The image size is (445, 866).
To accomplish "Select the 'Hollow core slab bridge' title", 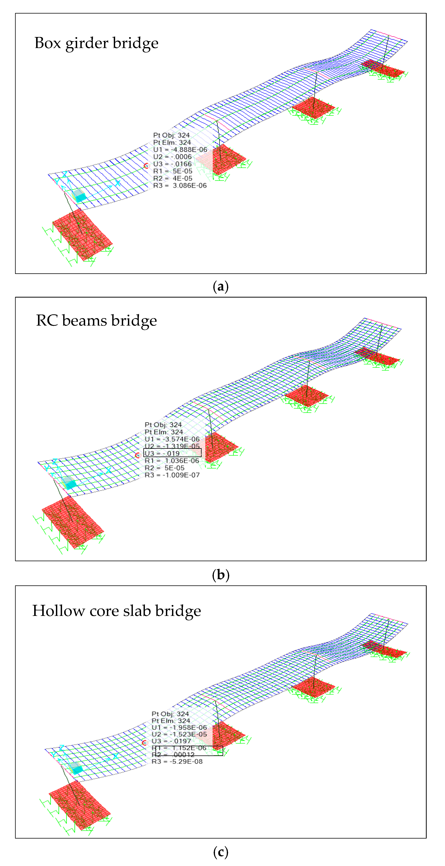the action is click(116, 611).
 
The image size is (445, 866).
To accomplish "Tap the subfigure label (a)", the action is click(221, 287).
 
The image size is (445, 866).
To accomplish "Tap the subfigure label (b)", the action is click(221, 575).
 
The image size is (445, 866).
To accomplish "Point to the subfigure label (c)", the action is click(221, 852).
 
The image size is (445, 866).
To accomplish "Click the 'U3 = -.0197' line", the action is click(171, 741).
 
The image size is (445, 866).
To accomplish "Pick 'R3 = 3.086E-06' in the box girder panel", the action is click(180, 186).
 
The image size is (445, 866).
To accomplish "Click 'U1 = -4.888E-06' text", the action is click(180, 150).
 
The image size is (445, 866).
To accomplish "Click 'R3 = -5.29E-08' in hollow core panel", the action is click(177, 762).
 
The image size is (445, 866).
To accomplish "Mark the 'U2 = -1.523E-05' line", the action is click(179, 734).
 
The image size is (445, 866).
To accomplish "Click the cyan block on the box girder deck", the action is click(79, 195).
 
